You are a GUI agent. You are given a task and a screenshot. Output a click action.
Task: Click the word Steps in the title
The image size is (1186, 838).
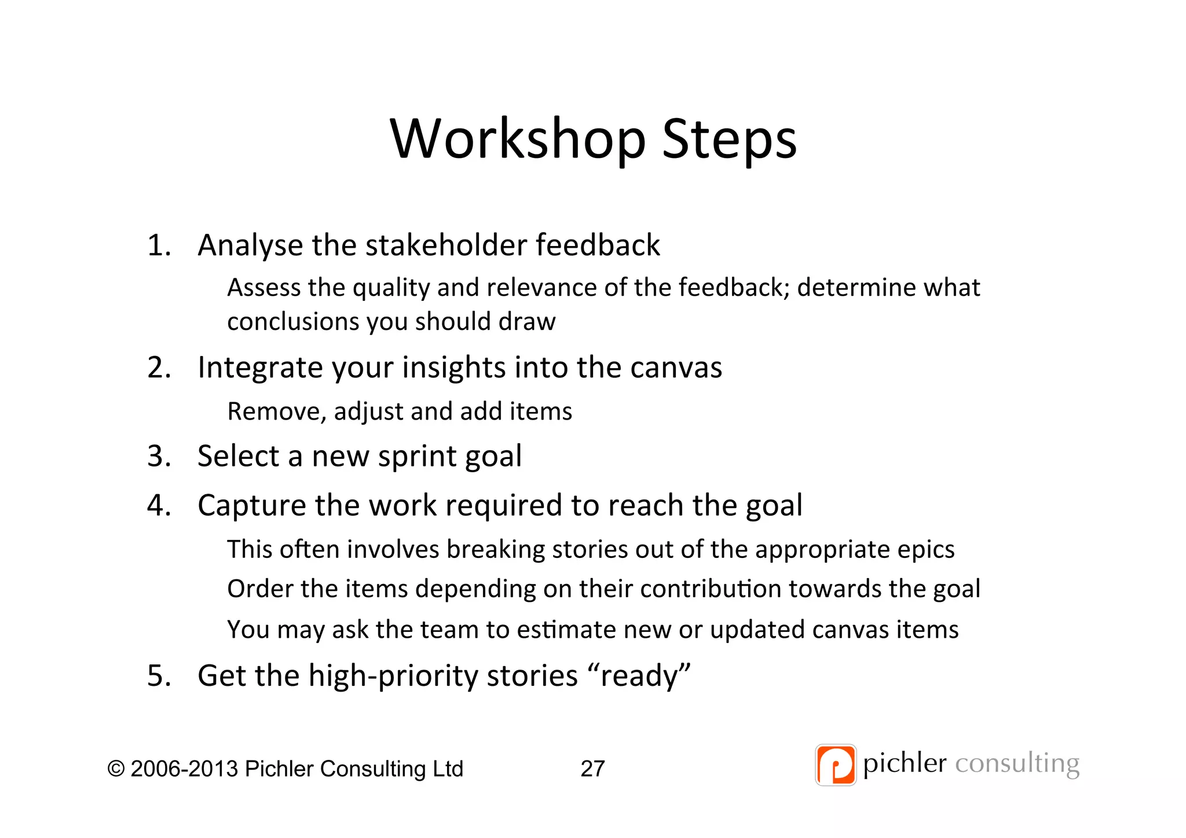pos(729,140)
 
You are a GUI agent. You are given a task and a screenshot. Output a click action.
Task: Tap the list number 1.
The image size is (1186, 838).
pos(159,245)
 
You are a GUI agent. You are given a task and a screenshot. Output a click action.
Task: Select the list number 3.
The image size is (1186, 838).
pos(159,456)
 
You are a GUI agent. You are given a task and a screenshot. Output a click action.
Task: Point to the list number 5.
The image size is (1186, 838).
pos(159,675)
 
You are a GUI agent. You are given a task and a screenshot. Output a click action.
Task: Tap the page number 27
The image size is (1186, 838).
pos(592,769)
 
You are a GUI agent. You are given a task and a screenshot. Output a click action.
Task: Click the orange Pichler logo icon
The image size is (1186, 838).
pos(835,765)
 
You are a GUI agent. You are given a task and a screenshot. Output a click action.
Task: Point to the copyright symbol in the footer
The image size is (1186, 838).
pos(116,769)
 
